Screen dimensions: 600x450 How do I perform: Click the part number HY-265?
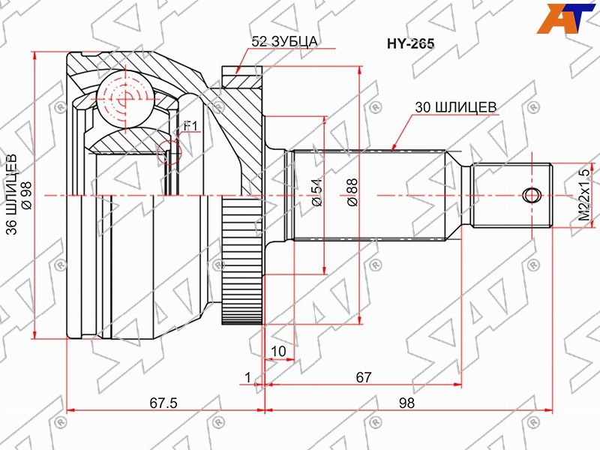pyautogui.click(x=410, y=44)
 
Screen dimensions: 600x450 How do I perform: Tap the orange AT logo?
pyautogui.click(x=566, y=18)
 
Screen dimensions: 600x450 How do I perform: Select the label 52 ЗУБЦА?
pyautogui.click(x=284, y=41)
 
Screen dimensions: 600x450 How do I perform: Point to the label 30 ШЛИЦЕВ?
pyautogui.click(x=456, y=107)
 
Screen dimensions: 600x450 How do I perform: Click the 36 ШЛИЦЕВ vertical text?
pyautogui.click(x=11, y=194)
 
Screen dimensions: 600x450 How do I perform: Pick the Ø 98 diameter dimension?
pyautogui.click(x=27, y=195)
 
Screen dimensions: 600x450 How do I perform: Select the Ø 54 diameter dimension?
pyautogui.click(x=317, y=193)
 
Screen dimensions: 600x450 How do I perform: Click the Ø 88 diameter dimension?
pyautogui.click(x=352, y=193)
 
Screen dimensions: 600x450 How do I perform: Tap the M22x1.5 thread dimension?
pyautogui.click(x=584, y=195)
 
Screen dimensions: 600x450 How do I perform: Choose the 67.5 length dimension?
pyautogui.click(x=163, y=403)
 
